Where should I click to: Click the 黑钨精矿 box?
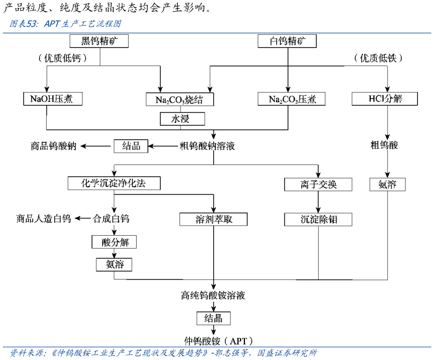[100, 41]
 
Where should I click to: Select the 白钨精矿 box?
[287, 41]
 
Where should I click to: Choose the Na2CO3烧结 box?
[179, 100]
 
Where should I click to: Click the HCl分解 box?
[385, 99]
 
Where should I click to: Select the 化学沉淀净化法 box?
[114, 183]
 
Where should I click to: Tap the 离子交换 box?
[318, 185]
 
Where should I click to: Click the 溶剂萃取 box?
[214, 219]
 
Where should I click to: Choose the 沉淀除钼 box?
[318, 219]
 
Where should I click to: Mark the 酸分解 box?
[114, 242]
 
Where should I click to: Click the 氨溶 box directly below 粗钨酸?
[387, 185]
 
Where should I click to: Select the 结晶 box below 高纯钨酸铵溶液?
[213, 319]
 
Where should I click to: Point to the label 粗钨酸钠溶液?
[207, 146]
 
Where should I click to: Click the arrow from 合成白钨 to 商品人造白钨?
[82, 219]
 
